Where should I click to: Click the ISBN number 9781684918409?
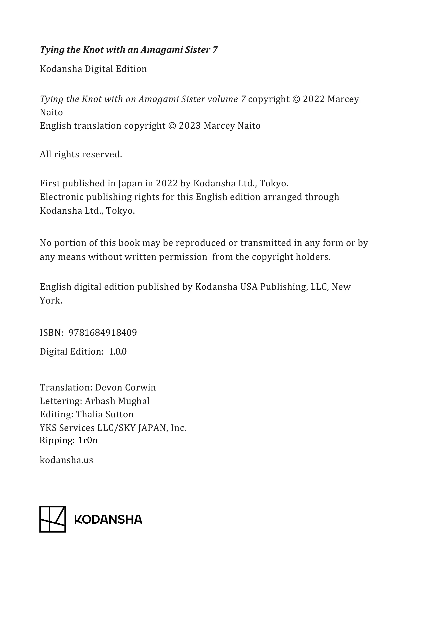click(x=103, y=332)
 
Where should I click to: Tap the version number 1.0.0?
click(x=118, y=351)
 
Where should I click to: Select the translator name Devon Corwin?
click(x=126, y=387)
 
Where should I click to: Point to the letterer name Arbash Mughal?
click(x=117, y=401)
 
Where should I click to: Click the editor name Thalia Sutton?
click(x=105, y=414)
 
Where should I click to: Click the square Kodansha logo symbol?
click(x=53, y=519)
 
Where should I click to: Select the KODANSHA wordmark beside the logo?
click(x=108, y=520)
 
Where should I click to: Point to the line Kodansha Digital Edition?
click(x=93, y=69)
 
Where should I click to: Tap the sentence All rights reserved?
click(x=81, y=154)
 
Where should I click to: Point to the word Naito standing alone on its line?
click(x=51, y=112)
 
